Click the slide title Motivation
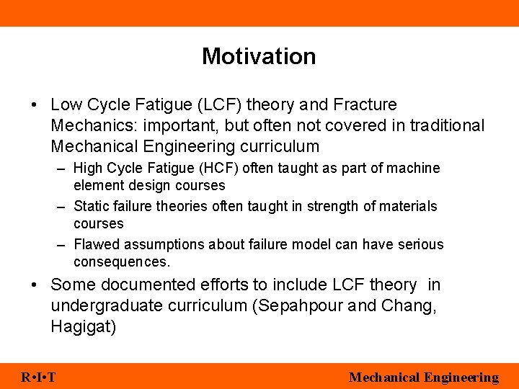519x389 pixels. tap(259, 56)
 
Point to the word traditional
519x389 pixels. tap(447, 126)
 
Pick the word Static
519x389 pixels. tap(92, 207)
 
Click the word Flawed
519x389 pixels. tap(97, 245)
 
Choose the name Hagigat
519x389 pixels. tap(83, 327)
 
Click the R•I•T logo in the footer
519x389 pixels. tap(40, 377)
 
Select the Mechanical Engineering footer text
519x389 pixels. tap(423, 377)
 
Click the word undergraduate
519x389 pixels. tap(107, 306)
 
